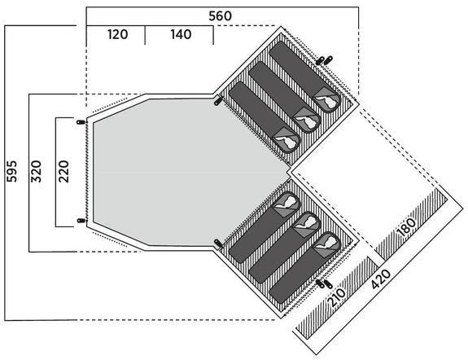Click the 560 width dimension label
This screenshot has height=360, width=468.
pyautogui.click(x=220, y=15)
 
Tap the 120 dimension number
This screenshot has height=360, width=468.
pyautogui.click(x=117, y=34)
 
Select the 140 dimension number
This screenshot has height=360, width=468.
pyautogui.click(x=181, y=34)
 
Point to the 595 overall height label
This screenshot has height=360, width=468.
pyautogui.click(x=12, y=172)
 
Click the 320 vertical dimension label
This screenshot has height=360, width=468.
pyautogui.click(x=37, y=172)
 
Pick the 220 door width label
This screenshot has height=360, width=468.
pyautogui.click(x=63, y=172)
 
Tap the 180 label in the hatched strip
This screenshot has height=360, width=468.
pyautogui.click(x=407, y=227)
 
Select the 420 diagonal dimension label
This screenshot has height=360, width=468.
pyautogui.click(x=381, y=279)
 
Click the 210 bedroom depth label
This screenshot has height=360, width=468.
pyautogui.click(x=337, y=297)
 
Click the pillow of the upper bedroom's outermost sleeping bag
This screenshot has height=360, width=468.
pyautogui.click(x=326, y=100)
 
